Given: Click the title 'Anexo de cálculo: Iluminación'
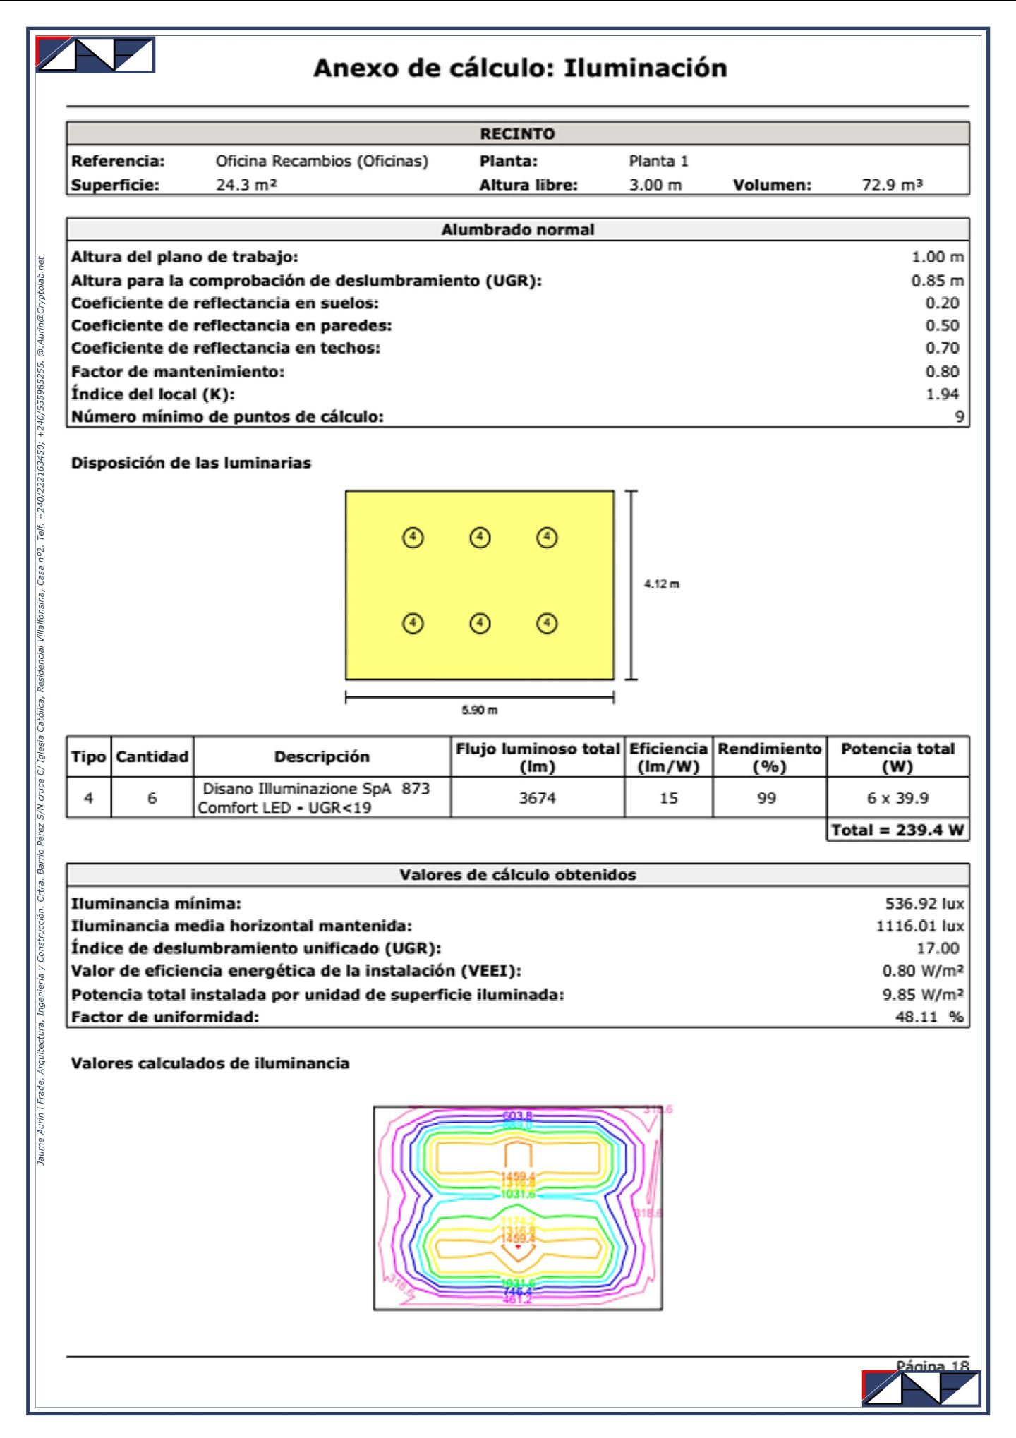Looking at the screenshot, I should click(x=520, y=68).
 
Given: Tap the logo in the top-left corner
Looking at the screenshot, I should click(x=95, y=55).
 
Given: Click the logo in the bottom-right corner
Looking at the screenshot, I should click(x=921, y=1389).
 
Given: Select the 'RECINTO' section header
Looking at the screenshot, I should click(x=517, y=133).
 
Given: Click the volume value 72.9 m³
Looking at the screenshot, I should click(x=892, y=185).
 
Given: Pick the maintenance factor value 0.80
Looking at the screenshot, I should click(x=942, y=372).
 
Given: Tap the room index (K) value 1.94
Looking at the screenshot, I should click(x=942, y=394).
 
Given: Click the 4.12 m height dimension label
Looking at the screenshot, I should click(x=662, y=584).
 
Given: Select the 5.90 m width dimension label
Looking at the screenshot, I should click(x=480, y=710).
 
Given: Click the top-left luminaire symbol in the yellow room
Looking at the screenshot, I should click(x=413, y=538).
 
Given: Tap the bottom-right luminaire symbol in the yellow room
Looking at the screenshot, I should click(x=547, y=624).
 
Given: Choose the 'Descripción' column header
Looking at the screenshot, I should click(x=322, y=757).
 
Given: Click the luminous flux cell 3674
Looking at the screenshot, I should click(x=538, y=798).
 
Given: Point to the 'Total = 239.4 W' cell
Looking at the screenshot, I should click(x=897, y=830).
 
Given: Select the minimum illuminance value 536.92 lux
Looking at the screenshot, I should click(x=924, y=904).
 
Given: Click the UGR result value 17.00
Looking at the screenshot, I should click(x=938, y=949).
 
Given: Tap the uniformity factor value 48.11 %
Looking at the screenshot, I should click(x=929, y=1017).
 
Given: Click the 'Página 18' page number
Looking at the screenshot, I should click(x=932, y=1366).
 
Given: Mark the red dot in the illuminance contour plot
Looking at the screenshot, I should click(x=518, y=1247).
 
